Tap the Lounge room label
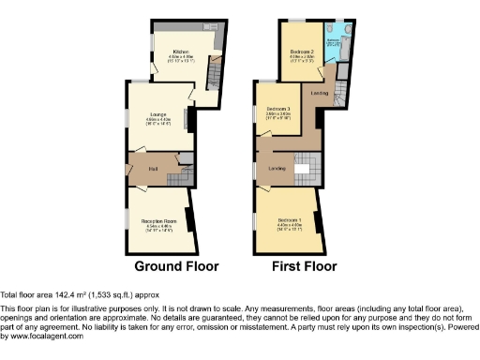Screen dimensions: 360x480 (157, 114)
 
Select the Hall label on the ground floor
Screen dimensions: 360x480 (151, 169)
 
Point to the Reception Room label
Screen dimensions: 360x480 (156, 221)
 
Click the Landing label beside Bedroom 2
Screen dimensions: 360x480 (319, 93)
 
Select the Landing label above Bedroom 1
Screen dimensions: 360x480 (277, 168)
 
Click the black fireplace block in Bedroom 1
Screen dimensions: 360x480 (319, 222)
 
